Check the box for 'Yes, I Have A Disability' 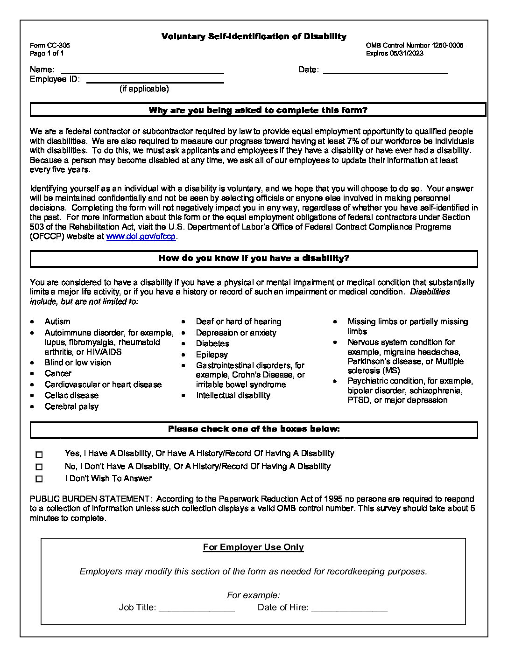pos(39,454)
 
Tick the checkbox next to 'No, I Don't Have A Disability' pos(39,467)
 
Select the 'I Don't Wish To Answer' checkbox pos(39,479)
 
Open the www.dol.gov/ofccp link pos(141,237)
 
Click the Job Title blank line pos(197,608)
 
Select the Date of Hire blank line pos(349,608)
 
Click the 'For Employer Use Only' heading pos(253,547)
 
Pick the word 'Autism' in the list pos(57,322)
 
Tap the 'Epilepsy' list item pos(212,355)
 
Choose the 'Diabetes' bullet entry pos(212,344)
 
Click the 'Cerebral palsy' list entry pos(71,407)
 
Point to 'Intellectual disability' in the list pos(233,396)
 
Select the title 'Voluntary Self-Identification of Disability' pos(254,36)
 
